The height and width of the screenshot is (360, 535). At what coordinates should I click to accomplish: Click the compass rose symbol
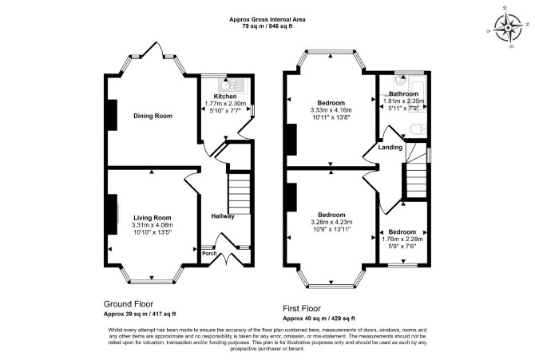click(509, 28)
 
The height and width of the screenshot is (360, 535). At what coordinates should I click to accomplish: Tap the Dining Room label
click(153, 116)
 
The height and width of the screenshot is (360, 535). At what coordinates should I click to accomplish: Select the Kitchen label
click(225, 97)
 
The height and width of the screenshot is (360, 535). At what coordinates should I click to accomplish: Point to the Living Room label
click(153, 218)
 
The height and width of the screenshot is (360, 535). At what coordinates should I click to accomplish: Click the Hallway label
click(223, 216)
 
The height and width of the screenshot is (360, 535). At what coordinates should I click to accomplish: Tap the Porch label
click(209, 254)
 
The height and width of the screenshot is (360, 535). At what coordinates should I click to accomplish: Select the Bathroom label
click(403, 94)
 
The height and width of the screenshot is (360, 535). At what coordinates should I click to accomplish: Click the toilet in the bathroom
click(418, 129)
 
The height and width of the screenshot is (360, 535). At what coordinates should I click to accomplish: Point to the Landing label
click(390, 148)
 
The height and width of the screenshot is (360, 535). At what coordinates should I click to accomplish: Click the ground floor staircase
click(239, 194)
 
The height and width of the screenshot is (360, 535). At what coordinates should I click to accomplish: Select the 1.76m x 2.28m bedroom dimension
click(402, 239)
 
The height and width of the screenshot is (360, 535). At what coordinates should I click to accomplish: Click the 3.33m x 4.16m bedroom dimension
click(331, 110)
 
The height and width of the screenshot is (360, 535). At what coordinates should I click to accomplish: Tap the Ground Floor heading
click(129, 304)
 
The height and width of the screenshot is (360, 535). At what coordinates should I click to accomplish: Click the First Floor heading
click(302, 309)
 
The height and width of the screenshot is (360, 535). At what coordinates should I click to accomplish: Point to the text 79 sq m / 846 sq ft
click(267, 26)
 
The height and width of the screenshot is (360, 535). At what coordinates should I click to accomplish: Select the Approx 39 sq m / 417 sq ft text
click(140, 315)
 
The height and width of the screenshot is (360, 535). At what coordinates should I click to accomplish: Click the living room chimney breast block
click(113, 214)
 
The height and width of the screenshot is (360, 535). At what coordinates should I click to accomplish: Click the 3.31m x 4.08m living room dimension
click(153, 225)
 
